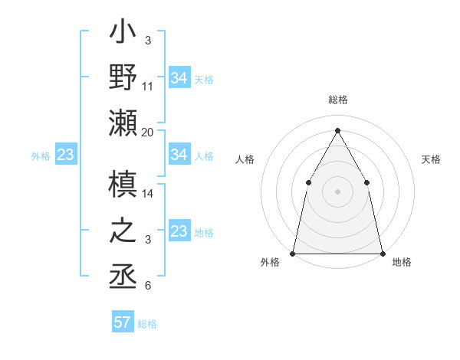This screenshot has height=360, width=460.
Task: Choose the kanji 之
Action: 123,230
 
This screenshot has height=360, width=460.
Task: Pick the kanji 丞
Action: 123,274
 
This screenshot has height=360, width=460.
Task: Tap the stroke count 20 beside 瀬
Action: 148,133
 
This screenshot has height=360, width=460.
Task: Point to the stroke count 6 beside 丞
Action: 148,286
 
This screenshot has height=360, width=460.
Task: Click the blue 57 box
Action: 123,322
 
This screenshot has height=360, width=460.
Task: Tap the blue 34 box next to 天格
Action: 179,77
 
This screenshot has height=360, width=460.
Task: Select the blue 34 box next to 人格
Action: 179,155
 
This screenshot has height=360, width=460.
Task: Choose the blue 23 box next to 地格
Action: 179,231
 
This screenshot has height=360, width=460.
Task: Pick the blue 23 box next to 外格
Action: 65,155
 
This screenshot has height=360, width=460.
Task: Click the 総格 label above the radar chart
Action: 338,100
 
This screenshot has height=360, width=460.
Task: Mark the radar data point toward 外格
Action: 293,253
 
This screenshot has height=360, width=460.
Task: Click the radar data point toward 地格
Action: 382,253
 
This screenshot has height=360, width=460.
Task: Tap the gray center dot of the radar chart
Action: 337,191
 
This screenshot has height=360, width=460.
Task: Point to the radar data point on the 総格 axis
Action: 337,130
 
